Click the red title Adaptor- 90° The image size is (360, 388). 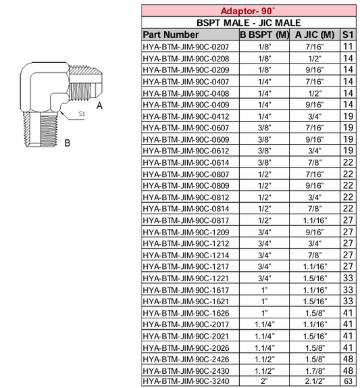point(249,11)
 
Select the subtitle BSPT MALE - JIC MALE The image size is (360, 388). point(249,22)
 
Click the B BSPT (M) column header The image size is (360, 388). point(265,34)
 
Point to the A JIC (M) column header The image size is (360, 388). point(315,34)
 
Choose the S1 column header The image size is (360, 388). point(348,34)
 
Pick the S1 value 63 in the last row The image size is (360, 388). point(348,381)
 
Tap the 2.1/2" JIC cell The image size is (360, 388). point(315,381)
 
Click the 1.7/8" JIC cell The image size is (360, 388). point(315,370)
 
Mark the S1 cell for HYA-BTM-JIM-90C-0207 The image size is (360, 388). point(348,47)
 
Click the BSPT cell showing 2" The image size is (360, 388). point(265,381)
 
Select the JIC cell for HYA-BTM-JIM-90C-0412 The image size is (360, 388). point(315,116)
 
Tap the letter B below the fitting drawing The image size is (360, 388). point(68,143)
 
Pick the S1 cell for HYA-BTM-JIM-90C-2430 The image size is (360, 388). point(348,370)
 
